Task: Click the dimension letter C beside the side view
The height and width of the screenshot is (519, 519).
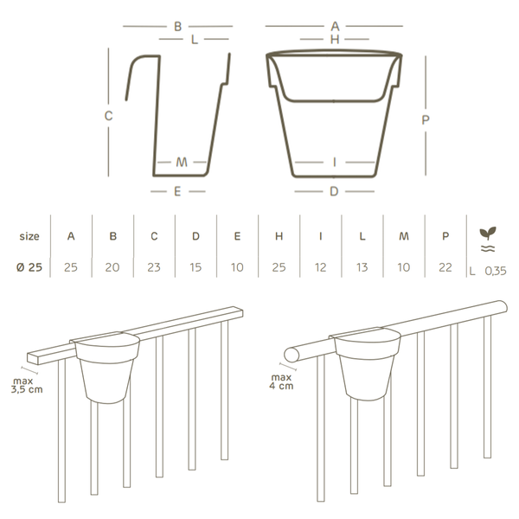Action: pyautogui.click(x=109, y=116)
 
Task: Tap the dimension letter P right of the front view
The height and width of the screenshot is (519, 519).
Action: pyautogui.click(x=426, y=120)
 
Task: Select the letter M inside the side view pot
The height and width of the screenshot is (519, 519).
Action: pyautogui.click(x=182, y=163)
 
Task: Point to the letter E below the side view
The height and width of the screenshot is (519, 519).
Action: pyautogui.click(x=177, y=191)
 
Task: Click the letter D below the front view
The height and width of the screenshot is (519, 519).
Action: pyautogui.click(x=334, y=191)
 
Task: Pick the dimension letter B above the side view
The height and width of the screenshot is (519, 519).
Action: pyautogui.click(x=177, y=27)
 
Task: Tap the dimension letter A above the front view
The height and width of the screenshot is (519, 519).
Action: pyautogui.click(x=335, y=26)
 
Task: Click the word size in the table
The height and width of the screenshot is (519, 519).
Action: pyautogui.click(x=29, y=236)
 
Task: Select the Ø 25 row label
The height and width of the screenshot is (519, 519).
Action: pyautogui.click(x=29, y=267)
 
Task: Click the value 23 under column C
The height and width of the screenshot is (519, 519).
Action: pyautogui.click(x=154, y=267)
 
